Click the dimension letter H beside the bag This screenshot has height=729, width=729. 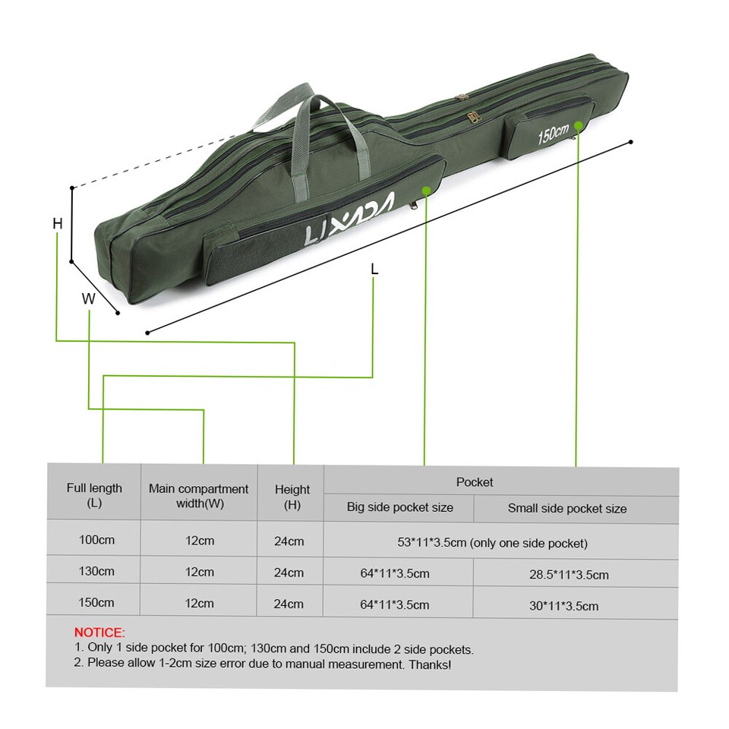point(58,223)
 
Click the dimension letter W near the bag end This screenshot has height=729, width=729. point(89,299)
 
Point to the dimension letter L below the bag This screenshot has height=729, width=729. point(374,269)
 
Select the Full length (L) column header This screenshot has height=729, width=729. point(94,495)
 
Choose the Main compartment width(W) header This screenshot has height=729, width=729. point(198,496)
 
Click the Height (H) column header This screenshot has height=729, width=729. point(292,497)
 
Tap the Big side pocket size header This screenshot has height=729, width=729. point(399,507)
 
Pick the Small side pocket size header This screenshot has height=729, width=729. point(567,508)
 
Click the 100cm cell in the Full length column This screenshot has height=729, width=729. point(96,541)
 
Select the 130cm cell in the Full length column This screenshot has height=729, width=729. point(96,571)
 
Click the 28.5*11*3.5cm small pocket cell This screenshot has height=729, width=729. point(569,574)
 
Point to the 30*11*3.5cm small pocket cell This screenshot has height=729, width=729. point(564,605)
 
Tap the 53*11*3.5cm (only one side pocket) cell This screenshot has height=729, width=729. point(492,543)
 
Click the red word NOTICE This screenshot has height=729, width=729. point(99,632)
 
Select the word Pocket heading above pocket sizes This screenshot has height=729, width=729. point(475,482)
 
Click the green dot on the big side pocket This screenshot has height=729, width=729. point(426,191)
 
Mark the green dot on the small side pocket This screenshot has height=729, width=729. point(579,125)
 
